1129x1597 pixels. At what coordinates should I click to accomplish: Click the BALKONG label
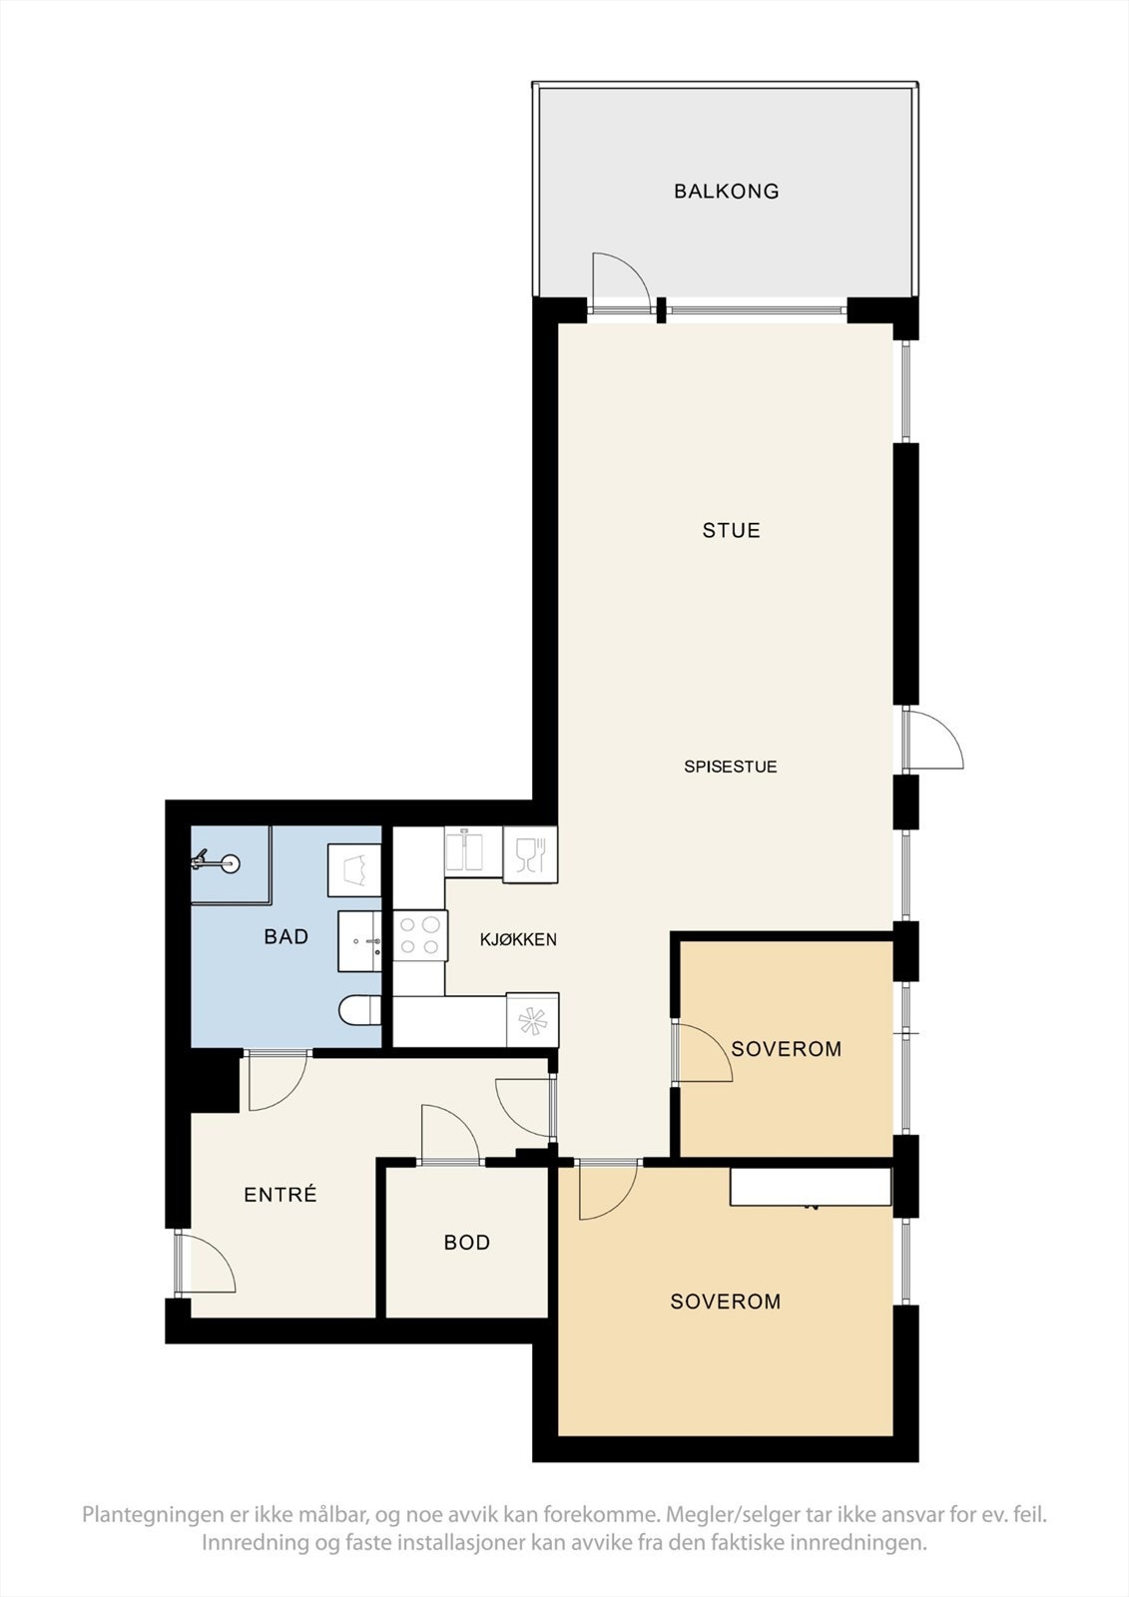tap(726, 191)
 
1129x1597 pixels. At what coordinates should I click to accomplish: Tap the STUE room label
tap(731, 530)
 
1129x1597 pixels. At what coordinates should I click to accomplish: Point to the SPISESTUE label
tap(730, 767)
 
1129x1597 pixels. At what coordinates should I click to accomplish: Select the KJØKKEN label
tap(518, 939)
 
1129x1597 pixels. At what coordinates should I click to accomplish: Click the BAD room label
tap(285, 936)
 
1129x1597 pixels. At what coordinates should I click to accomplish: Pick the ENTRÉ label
tap(281, 1194)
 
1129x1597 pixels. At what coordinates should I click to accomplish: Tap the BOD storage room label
tap(467, 1243)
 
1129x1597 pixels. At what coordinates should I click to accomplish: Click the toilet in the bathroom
tap(358, 1011)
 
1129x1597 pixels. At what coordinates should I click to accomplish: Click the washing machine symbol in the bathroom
tap(354, 869)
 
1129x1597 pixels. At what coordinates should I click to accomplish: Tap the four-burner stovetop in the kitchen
tap(419, 935)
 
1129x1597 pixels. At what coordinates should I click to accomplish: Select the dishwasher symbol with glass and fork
tap(530, 854)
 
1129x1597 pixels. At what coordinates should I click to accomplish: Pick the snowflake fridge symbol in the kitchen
tap(532, 1020)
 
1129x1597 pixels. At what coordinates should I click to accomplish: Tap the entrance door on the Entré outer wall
tap(205, 1265)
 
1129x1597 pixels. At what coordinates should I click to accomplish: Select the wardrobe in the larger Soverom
tap(810, 1187)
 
